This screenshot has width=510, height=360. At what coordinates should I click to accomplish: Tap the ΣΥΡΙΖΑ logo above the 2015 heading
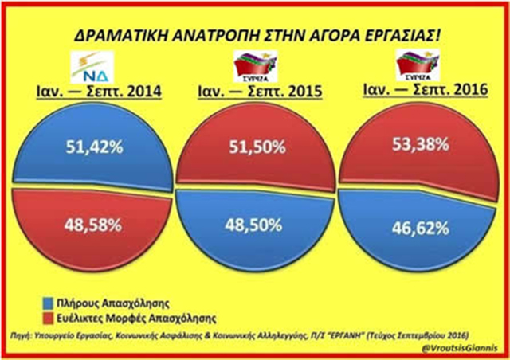coord(253,67)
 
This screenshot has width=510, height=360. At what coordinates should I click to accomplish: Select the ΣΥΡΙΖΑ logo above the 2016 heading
coord(418,64)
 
